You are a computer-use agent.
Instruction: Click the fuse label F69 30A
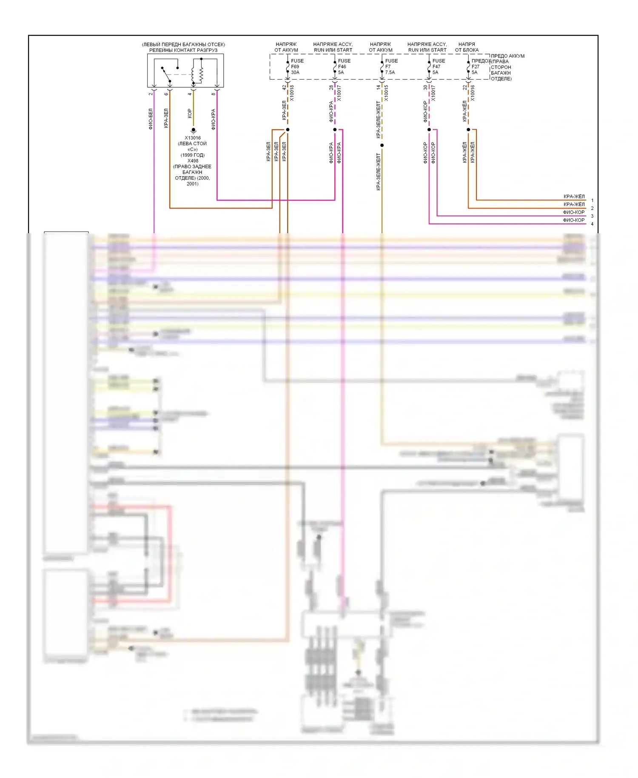point(296,66)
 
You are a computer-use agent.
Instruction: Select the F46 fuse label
point(344,66)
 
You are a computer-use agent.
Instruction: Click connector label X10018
point(292,93)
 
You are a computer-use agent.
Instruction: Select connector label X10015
point(386,93)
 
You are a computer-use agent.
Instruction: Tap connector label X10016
point(473,93)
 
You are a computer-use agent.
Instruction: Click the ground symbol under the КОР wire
point(194,131)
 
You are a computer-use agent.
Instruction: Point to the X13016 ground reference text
point(193,138)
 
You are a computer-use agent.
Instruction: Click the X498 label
point(193,161)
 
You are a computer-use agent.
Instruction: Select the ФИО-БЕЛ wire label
point(150,119)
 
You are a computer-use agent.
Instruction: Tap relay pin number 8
point(214,94)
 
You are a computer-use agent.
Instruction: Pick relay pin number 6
point(166,94)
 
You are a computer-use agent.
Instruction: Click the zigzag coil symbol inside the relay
point(201,74)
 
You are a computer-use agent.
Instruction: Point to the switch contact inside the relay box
point(166,74)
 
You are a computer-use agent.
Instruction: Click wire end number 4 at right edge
point(592,224)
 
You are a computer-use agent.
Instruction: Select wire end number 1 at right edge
point(592,200)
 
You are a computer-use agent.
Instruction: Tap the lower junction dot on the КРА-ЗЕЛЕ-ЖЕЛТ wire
point(382,146)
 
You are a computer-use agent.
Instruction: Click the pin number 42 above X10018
point(284,87)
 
